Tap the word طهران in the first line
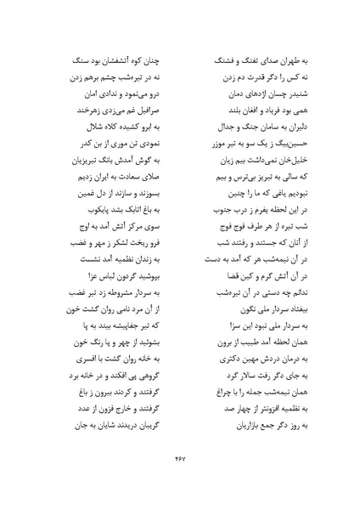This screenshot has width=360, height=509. (287, 62)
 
